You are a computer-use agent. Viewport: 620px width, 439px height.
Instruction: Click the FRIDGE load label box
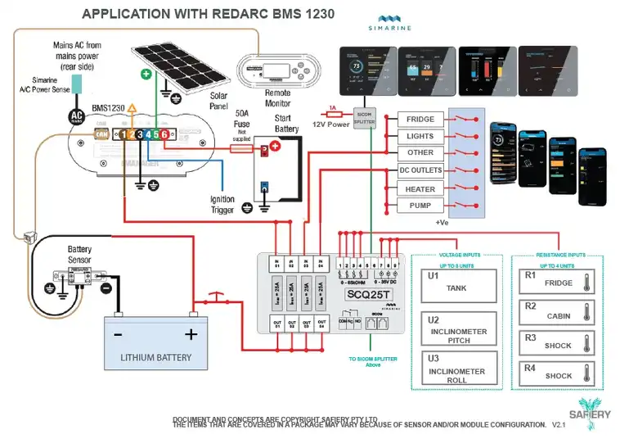(420, 120)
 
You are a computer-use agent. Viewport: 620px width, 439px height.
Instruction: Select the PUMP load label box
(420, 206)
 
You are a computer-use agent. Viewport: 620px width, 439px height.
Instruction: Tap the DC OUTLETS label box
(420, 171)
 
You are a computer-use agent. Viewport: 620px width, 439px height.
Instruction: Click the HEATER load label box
(420, 188)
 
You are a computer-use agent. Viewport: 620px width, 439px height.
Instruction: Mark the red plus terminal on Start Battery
(275, 147)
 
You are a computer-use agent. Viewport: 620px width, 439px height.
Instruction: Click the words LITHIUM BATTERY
(155, 357)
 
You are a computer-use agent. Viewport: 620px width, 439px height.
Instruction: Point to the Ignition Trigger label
(222, 204)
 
